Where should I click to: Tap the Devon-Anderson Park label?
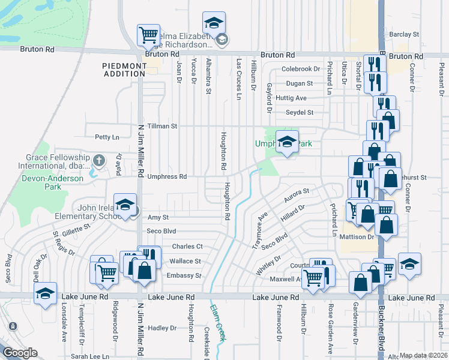(x=34, y=182)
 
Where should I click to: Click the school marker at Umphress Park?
(x=287, y=142)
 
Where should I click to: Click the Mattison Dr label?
(x=358, y=237)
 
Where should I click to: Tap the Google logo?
(x=19, y=353)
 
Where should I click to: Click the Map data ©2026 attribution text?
(x=423, y=355)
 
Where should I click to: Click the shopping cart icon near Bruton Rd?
(x=148, y=35)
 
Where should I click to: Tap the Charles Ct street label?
(x=187, y=246)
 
